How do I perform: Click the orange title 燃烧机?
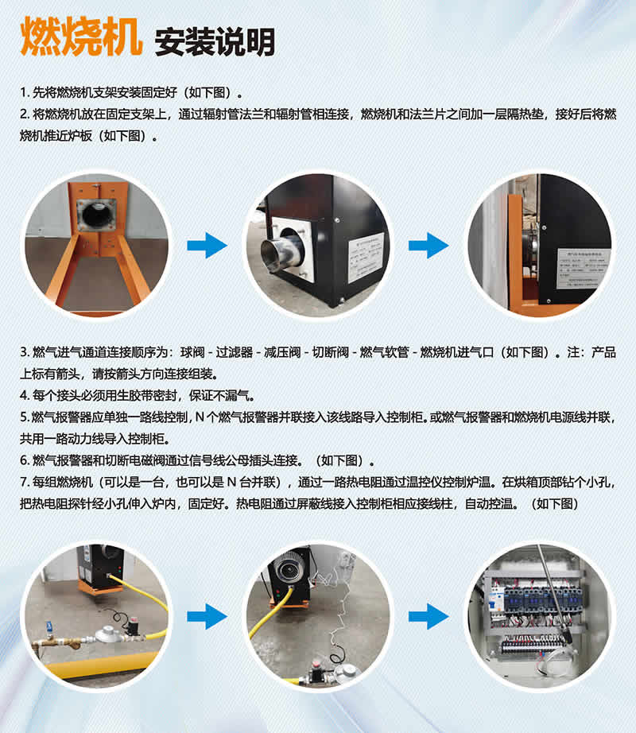[79, 37]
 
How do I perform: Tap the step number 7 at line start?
[24, 483]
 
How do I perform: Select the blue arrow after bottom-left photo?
[207, 616]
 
